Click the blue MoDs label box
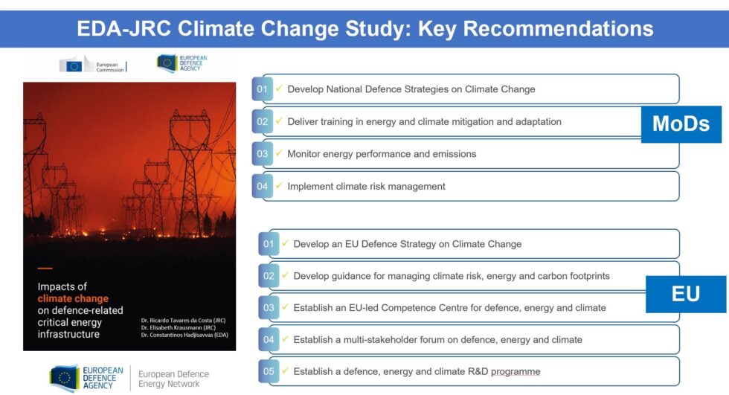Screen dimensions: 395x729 tap(681, 123)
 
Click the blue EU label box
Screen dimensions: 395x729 tap(685, 294)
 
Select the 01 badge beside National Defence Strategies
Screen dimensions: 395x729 tap(262, 89)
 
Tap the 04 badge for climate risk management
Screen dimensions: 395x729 tap(262, 186)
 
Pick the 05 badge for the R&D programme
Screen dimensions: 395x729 tap(269, 371)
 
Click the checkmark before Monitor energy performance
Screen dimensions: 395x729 tap(279, 153)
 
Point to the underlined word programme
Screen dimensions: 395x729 tap(514, 371)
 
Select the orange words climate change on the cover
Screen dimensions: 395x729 tap(73, 298)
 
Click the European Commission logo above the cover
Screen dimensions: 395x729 tap(92, 65)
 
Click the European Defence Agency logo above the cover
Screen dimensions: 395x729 tap(182, 64)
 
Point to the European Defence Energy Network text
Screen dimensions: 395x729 tap(173, 379)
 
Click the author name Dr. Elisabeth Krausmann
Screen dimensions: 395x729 tap(182, 328)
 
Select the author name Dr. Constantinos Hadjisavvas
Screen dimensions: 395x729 tap(187, 336)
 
